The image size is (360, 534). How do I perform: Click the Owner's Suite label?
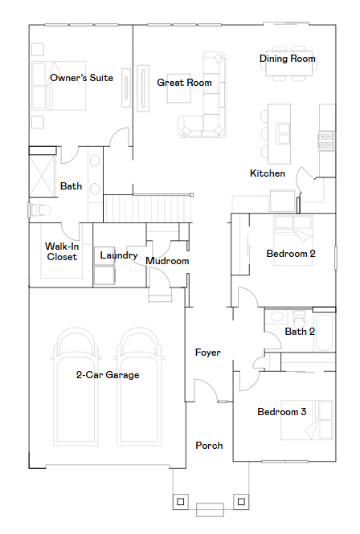[81, 78]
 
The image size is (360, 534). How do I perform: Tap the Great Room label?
[184, 83]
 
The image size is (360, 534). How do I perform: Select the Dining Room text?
[288, 59]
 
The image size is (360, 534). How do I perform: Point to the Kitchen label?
[268, 173]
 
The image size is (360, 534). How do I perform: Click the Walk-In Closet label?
[62, 251]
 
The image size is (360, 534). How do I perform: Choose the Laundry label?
[119, 255]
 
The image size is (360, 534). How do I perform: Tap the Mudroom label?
[167, 261]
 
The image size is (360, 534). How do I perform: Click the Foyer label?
[207, 353]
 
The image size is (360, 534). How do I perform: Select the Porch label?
[209, 446]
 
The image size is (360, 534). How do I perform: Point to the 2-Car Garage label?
[108, 375]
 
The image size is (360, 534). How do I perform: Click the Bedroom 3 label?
[282, 412]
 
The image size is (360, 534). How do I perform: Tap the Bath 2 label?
[300, 332]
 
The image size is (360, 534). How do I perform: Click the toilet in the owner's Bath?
[40, 210]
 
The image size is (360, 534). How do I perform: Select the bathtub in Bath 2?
[324, 332]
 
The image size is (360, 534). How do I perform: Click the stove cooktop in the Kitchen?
[325, 141]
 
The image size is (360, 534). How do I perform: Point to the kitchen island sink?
[284, 134]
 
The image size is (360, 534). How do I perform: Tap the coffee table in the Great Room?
[179, 88]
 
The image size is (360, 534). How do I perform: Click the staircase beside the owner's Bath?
[147, 209]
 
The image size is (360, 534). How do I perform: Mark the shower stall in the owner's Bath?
[42, 176]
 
